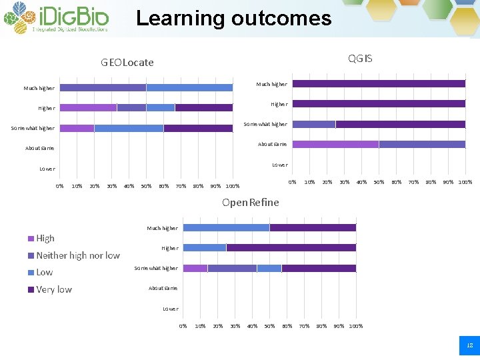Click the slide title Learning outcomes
coord(233,18)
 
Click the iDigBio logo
coord(56,18)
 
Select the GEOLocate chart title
coord(127,63)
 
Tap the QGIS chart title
coord(360,59)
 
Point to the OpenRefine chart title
coord(251,202)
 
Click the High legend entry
coord(45,238)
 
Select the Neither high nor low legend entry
coord(77,255)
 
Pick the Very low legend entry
coord(54,289)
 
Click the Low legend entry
coord(44,272)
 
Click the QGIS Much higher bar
coord(379,84)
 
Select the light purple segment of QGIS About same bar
coord(335,144)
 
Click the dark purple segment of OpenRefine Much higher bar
coord(313,227)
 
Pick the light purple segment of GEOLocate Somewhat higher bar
coord(77,128)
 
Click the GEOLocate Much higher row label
coord(39,88)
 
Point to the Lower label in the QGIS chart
coord(279,165)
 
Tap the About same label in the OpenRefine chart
coord(163,288)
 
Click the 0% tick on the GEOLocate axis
coord(59,186)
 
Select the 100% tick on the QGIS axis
coord(465,182)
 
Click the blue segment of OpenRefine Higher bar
coord(205,247)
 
